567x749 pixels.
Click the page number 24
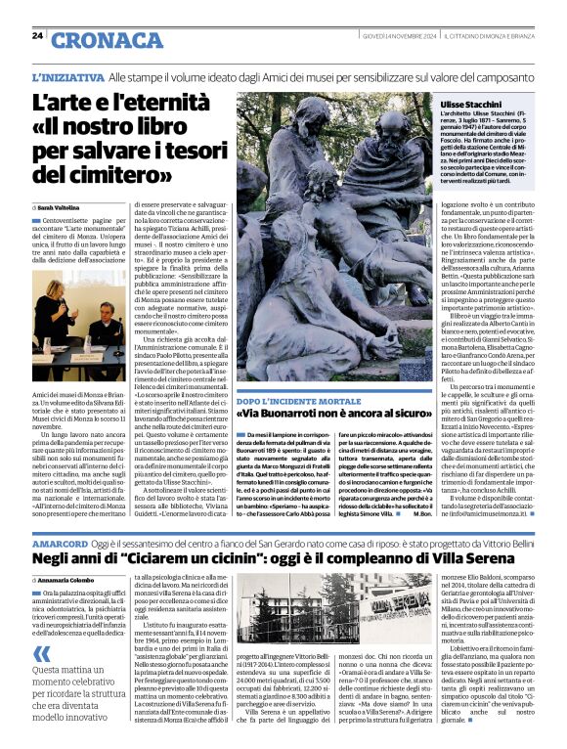click(37, 35)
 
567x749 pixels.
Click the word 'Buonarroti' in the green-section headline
click(298, 415)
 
